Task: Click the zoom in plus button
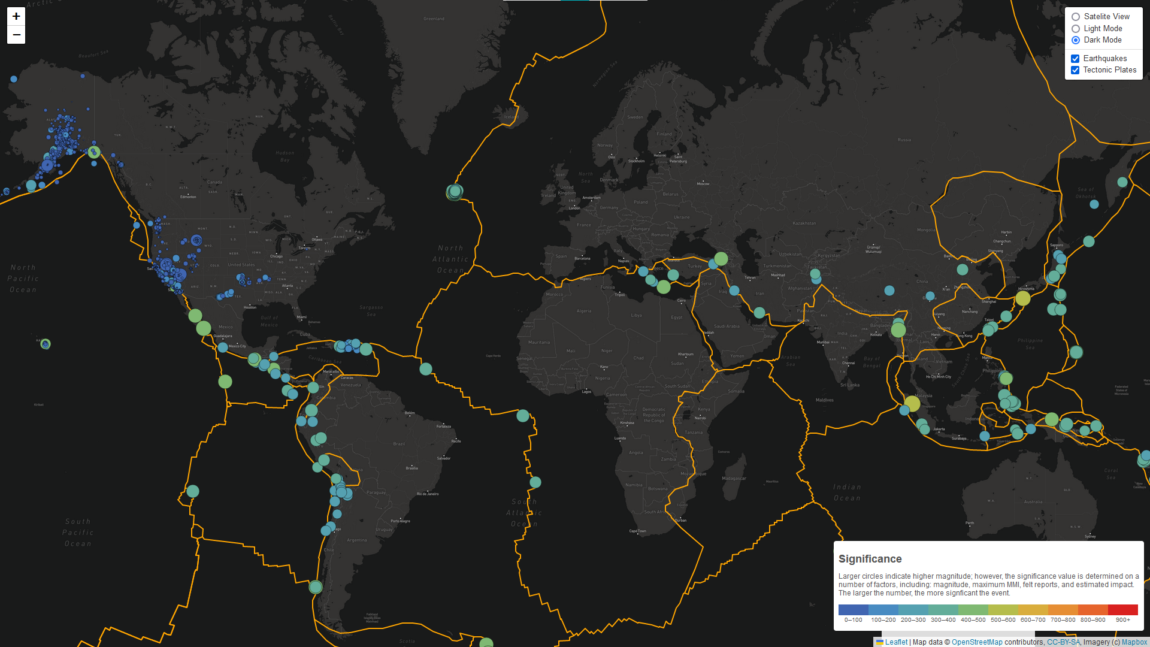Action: [x=16, y=17]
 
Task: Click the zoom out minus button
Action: [x=16, y=35]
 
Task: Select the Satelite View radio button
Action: [x=1076, y=17]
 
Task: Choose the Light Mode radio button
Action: [x=1076, y=29]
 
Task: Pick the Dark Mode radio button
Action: [x=1076, y=40]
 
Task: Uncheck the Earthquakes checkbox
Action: [x=1075, y=59]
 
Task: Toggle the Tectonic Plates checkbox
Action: [x=1075, y=70]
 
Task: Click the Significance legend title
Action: [x=870, y=559]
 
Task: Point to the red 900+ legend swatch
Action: [x=1122, y=610]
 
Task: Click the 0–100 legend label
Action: [x=853, y=620]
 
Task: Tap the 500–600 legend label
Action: [x=1003, y=620]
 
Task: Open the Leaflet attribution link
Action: [x=896, y=642]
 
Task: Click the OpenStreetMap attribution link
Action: [x=977, y=642]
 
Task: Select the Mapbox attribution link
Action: [x=1134, y=642]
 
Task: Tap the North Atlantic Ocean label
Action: [x=450, y=259]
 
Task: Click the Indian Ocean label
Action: [x=847, y=492]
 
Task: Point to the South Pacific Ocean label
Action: [x=78, y=533]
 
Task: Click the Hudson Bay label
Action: [x=285, y=156]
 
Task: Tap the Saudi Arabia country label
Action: [x=727, y=326]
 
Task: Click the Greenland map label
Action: [x=434, y=19]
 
